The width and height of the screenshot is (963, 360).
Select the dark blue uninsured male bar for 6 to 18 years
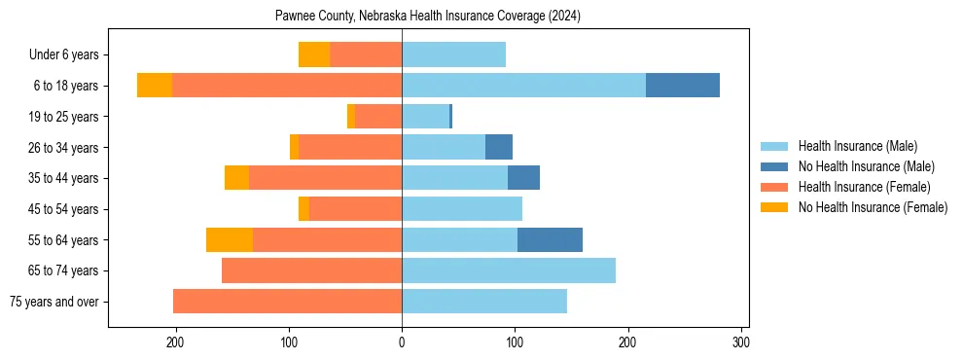pyautogui.click(x=683, y=86)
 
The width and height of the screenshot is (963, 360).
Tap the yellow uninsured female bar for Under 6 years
pyautogui.click(x=314, y=54)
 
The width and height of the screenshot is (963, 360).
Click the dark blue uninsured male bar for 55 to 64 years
pyautogui.click(x=550, y=239)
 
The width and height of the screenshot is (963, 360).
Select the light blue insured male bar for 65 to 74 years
pyautogui.click(x=509, y=270)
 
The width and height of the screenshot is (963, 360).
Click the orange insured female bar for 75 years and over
pyautogui.click(x=288, y=302)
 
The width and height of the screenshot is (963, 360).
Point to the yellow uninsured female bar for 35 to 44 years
pyautogui.click(x=236, y=178)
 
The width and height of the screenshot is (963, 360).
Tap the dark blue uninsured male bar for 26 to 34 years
pyautogui.click(x=499, y=147)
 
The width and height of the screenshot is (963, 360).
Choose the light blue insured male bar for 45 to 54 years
pyautogui.click(x=462, y=209)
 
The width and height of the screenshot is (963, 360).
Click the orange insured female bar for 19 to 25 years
pyautogui.click(x=378, y=117)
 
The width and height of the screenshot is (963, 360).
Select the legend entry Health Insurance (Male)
pyautogui.click(x=857, y=146)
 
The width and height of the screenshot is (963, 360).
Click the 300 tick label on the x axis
pyautogui.click(x=740, y=342)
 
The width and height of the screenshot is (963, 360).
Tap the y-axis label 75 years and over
pyautogui.click(x=54, y=302)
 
